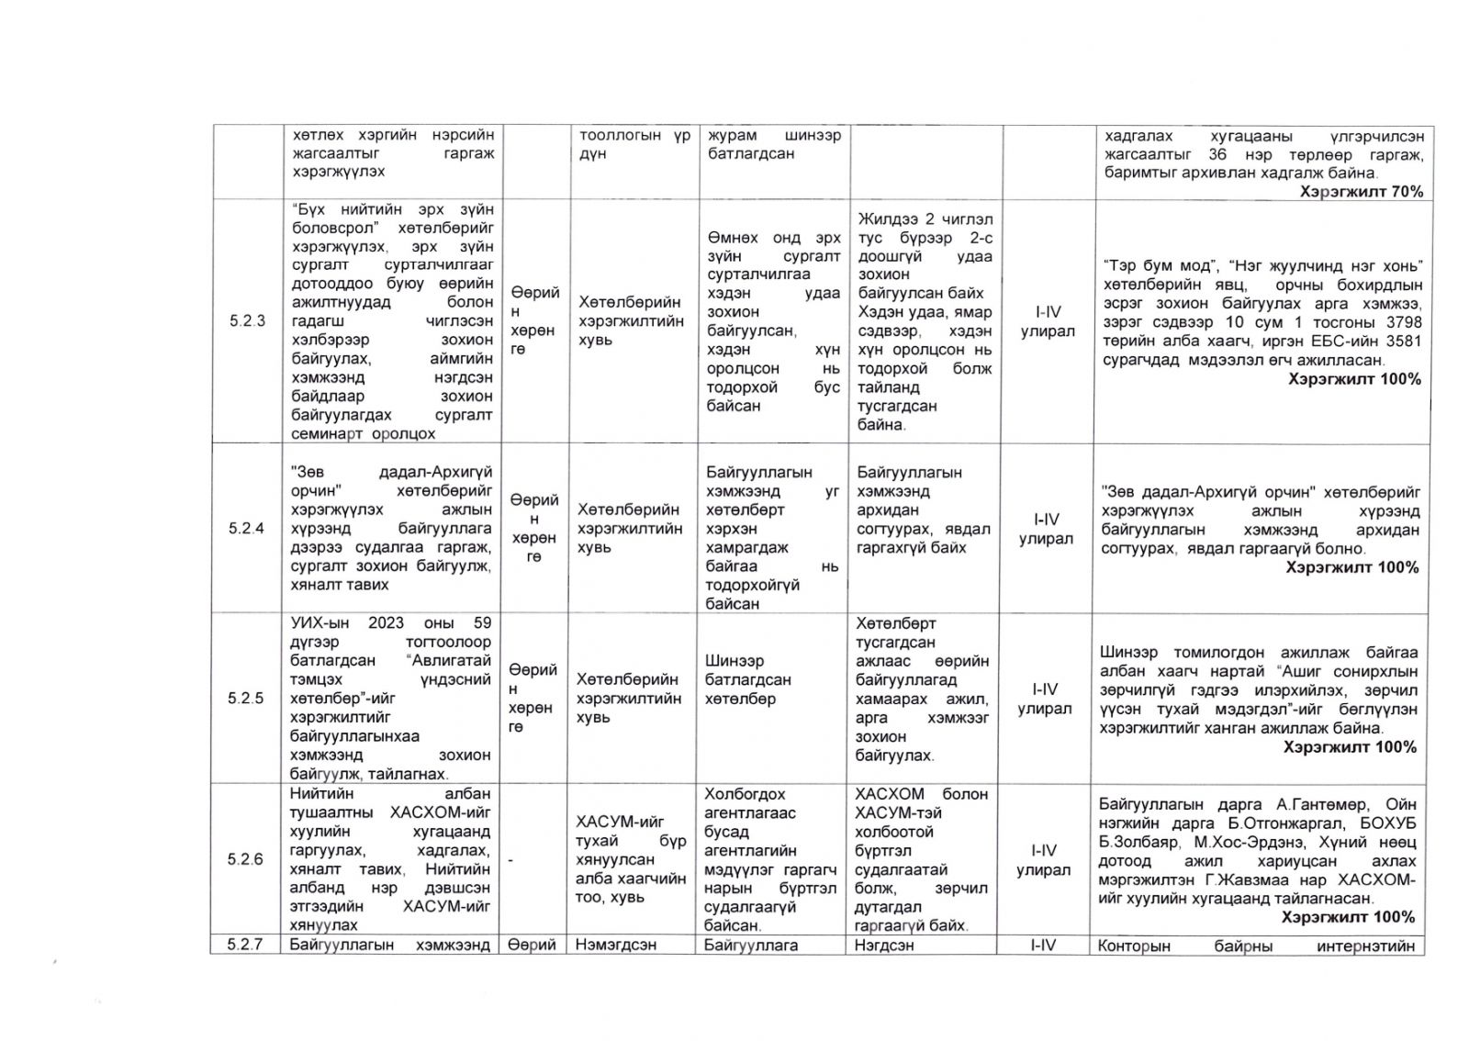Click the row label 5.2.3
[x=246, y=321]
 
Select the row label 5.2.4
[x=246, y=529]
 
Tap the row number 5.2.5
[x=246, y=699]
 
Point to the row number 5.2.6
[x=246, y=859]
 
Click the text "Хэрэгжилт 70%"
[x=1362, y=192]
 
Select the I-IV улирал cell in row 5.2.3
[x=1047, y=321]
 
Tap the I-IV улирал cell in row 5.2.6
[x=1045, y=859]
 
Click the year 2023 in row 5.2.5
[x=386, y=622]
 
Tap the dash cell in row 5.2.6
[x=510, y=859]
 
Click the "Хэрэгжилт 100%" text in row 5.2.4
[x=1352, y=567]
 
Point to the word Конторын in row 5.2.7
[x=1135, y=946]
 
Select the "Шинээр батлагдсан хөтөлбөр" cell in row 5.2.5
[x=748, y=679]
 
